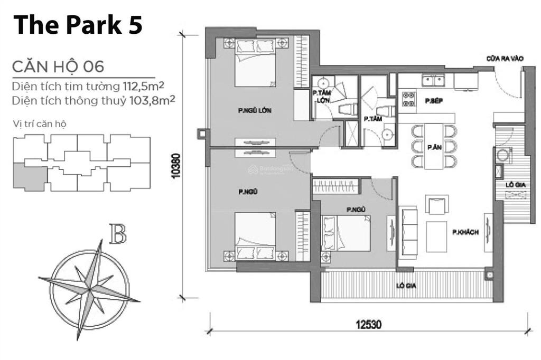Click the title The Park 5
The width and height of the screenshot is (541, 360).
(x=78, y=25)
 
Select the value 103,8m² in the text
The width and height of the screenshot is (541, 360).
(x=151, y=100)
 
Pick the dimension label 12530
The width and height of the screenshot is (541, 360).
(x=368, y=323)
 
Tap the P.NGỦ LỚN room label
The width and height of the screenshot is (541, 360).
(x=251, y=110)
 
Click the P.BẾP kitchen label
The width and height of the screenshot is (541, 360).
(x=433, y=100)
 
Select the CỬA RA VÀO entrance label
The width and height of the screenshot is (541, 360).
(x=505, y=59)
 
